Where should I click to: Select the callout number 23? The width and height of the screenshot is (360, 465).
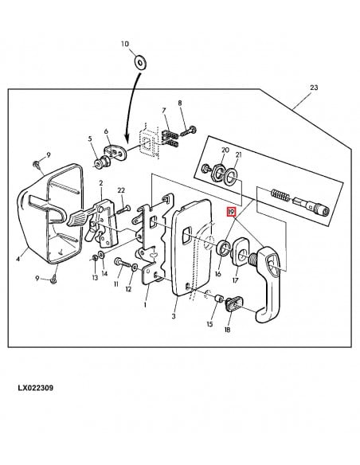coord(314,88)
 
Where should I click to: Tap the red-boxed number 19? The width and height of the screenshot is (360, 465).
coord(232,213)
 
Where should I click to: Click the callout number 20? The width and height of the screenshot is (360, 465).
coord(225,150)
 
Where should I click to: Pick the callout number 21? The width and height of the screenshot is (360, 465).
coord(238,154)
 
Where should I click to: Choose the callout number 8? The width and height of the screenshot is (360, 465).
coord(181,104)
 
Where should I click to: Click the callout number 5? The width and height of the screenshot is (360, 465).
coord(91,139)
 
